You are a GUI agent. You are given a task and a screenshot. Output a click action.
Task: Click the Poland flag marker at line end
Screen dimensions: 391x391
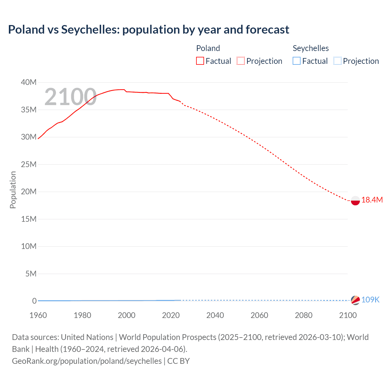[355, 200]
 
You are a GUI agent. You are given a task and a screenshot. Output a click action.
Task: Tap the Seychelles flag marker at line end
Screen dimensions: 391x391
[355, 300]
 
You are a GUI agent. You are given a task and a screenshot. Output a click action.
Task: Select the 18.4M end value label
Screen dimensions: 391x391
[372, 200]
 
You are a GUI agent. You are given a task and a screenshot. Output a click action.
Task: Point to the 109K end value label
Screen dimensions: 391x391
[370, 300]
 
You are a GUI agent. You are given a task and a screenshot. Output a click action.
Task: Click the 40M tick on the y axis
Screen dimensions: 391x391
[29, 82]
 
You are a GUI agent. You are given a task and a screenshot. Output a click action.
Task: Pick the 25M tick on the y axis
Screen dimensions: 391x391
[29, 165]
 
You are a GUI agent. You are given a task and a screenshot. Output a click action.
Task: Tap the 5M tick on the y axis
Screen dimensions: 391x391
[31, 274]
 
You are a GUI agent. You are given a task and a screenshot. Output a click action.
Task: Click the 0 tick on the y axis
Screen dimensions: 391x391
[34, 301]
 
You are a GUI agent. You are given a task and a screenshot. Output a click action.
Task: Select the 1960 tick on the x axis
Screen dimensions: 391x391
[38, 315]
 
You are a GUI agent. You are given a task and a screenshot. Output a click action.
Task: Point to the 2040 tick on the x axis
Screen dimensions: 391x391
[215, 315]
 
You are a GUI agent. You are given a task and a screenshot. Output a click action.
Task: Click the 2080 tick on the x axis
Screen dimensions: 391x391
[304, 315]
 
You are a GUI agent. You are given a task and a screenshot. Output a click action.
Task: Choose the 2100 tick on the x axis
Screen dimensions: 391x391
[348, 315]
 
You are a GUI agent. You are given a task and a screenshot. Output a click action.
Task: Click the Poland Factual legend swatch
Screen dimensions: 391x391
[200, 61]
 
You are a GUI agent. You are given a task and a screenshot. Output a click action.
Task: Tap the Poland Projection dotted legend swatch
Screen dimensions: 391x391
[241, 61]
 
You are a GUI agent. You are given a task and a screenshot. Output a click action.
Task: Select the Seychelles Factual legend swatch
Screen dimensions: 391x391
[297, 61]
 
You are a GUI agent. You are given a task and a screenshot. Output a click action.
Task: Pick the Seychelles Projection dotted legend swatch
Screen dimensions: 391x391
[338, 61]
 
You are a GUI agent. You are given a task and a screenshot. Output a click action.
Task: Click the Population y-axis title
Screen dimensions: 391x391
[13, 190]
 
